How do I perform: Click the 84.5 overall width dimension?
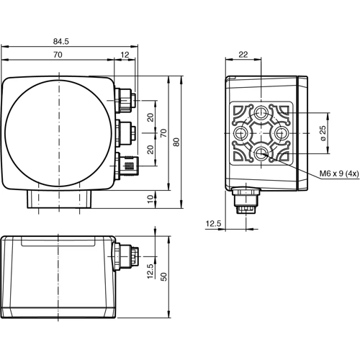click(69, 41)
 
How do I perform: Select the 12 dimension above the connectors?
click(125, 55)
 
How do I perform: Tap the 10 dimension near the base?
click(149, 198)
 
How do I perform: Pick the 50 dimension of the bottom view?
click(164, 277)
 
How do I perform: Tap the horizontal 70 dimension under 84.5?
click(56, 55)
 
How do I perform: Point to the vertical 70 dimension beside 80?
click(163, 132)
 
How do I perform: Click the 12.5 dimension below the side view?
click(213, 224)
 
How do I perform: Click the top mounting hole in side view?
click(261, 113)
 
